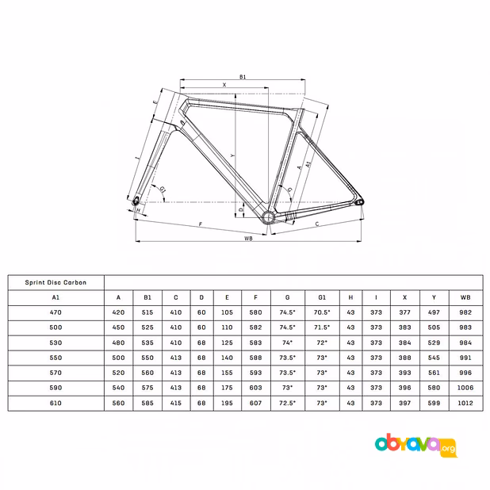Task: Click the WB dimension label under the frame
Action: (x=248, y=239)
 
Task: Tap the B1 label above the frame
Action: (x=243, y=77)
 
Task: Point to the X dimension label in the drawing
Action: (x=224, y=85)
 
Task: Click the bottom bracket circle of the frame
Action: (x=268, y=217)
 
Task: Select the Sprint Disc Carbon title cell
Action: (x=56, y=282)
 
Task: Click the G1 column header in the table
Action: (x=322, y=297)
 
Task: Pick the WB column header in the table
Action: (x=465, y=297)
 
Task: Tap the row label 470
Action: (x=56, y=312)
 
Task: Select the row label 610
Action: (x=56, y=403)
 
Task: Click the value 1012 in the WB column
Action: (x=465, y=403)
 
